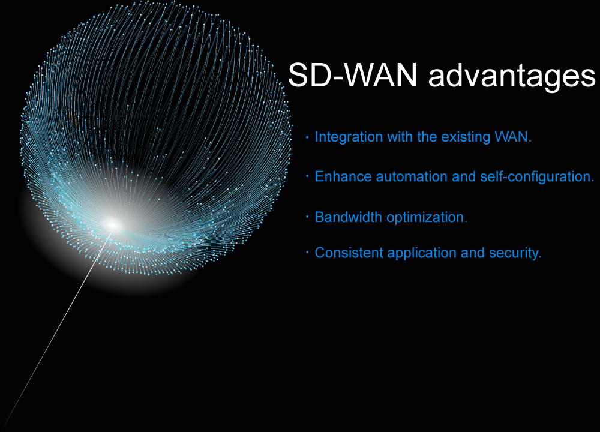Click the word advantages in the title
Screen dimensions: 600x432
(x=512, y=77)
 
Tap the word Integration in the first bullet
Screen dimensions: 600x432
(x=349, y=137)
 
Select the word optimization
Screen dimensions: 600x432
(x=427, y=218)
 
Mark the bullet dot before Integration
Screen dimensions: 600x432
(x=307, y=137)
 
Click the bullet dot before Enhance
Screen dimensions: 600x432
(x=307, y=176)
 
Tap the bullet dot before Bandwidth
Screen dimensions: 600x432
(x=307, y=217)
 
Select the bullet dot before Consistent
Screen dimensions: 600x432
(x=307, y=253)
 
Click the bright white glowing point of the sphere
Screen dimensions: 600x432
(x=113, y=224)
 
